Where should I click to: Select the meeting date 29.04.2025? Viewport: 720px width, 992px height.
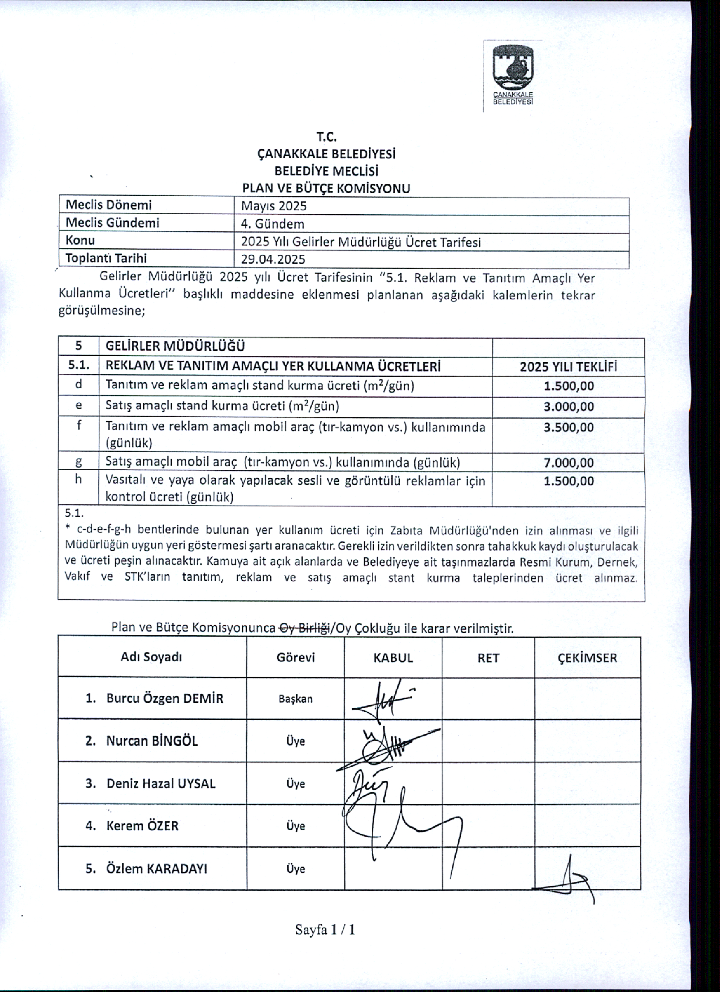coord(273,259)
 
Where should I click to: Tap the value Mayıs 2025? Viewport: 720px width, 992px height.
coord(274,206)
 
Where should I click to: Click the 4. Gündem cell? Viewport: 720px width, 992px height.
coord(273,224)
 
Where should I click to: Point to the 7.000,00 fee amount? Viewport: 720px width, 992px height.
coord(568,463)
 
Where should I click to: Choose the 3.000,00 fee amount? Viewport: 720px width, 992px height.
coord(568,406)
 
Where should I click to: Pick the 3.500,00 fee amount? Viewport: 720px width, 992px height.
coord(568,427)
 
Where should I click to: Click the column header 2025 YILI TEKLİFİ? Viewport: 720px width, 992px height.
coord(568,367)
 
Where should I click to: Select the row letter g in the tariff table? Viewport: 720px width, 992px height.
coord(78,462)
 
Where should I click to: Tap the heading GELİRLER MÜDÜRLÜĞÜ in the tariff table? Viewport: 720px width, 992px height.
coord(175,346)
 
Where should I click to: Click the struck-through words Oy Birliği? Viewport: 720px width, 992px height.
coord(304,628)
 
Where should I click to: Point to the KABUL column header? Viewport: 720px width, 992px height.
coord(393,658)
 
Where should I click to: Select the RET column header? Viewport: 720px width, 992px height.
coord(488,658)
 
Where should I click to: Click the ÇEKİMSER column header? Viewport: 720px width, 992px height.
coord(587,658)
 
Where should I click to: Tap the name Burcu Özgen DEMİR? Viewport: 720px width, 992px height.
coord(165,698)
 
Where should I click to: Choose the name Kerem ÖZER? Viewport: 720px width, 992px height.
coord(142,826)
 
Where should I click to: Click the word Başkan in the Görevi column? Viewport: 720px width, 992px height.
coord(295,698)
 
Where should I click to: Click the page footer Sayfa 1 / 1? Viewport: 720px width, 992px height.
coord(325,929)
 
